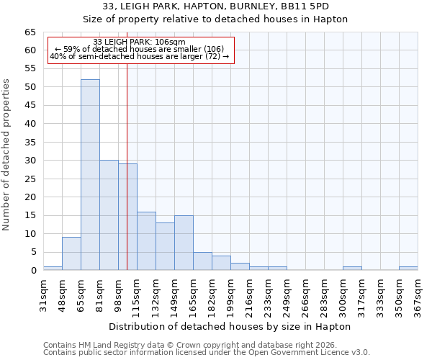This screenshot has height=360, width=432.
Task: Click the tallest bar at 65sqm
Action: pos(90,175)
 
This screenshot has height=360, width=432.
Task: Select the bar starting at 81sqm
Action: pos(109,215)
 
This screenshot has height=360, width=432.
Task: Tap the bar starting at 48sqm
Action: pos(71,253)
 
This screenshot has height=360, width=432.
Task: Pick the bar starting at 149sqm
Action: pos(184,243)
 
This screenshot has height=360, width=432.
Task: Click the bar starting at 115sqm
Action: pos(146,241)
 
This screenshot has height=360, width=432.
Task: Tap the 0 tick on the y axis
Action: pos(33,271)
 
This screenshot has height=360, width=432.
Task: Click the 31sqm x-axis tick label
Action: pos(44,294)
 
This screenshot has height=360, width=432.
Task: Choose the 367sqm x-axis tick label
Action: pos(418,294)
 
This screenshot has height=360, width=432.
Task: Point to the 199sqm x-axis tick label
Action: pos(231,294)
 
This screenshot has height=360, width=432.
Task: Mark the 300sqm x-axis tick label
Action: pos(343,294)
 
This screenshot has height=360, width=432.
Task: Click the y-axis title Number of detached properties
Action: pos(7,155)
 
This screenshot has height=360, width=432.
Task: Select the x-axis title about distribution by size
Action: pos(230,326)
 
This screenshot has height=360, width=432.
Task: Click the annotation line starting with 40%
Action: pos(140,56)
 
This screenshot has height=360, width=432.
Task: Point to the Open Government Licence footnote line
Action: pos(207,352)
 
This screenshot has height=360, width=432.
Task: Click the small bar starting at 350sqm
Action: pos(408,269)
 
